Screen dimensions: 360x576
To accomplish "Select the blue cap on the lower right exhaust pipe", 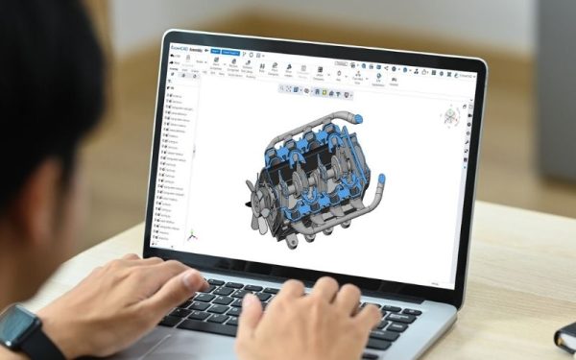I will pos(379,180).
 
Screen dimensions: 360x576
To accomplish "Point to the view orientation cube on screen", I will pos(450,117).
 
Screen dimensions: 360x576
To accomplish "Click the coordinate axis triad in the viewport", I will pos(192,233).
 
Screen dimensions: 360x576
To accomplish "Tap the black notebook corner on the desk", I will pos(565,336).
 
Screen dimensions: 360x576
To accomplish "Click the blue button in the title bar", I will pos(215,47).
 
